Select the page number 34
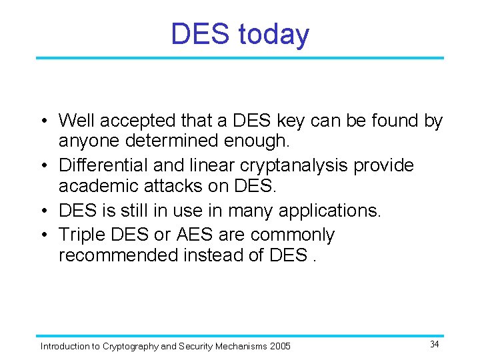click(x=434, y=344)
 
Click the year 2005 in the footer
click(x=280, y=346)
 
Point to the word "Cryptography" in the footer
click(x=131, y=346)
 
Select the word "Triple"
click(x=81, y=235)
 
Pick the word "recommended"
click(x=118, y=255)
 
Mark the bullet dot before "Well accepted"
click(x=43, y=121)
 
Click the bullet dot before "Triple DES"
click(x=43, y=235)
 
